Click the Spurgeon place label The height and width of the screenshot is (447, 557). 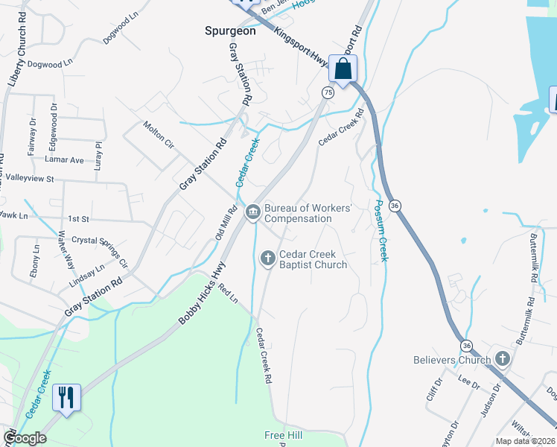tap(230, 31)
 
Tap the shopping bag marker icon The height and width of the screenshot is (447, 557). tap(343, 70)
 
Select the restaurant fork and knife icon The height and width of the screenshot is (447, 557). tap(66, 398)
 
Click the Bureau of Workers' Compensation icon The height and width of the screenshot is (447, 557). tap(252, 213)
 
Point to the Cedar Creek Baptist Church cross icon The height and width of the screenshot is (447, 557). tap(267, 259)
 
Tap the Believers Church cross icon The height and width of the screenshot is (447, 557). tap(503, 360)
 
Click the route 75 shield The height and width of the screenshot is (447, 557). tap(328, 92)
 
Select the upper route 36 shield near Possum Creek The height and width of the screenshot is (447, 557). tap(395, 206)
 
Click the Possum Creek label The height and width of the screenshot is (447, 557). tap(381, 231)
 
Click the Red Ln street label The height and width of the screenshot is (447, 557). tap(228, 297)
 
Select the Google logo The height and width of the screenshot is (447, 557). tap(25, 439)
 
